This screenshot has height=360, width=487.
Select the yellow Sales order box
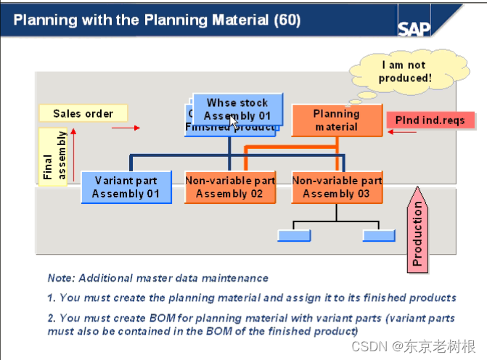coord(83,113)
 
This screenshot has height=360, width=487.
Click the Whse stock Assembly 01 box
coord(237,109)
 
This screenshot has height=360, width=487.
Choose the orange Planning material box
coord(336,120)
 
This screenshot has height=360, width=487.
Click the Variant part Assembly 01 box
coord(126,187)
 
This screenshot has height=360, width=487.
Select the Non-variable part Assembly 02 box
coord(229,187)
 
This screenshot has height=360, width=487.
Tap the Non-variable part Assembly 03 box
coord(336,187)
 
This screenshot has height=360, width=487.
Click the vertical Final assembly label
coord(53,157)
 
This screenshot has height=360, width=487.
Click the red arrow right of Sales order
coord(125,128)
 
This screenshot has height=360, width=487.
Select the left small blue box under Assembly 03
coord(294,235)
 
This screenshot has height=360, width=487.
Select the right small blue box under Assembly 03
coord(379,235)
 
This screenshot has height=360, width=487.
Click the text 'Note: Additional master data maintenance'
coord(157,278)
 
